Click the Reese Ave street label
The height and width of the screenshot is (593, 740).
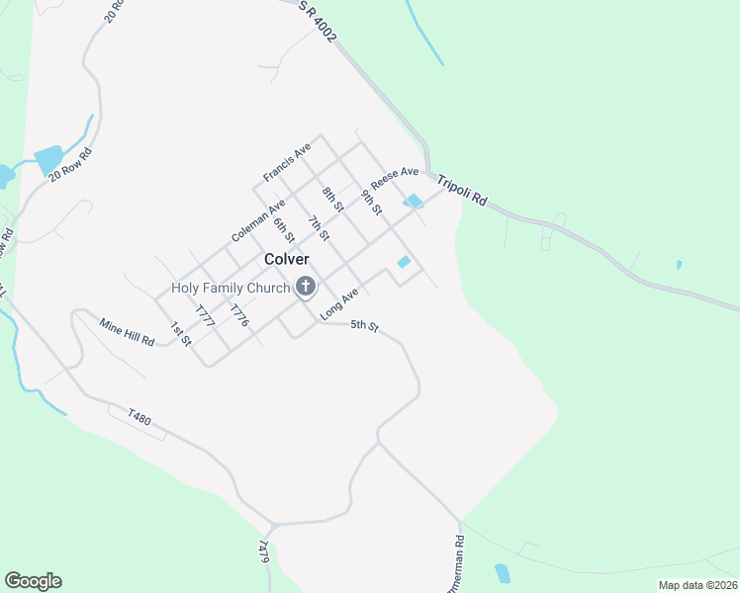(395, 179)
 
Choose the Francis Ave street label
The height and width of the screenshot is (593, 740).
(287, 161)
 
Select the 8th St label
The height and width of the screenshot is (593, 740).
(332, 199)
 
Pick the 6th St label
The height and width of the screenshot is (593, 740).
(284, 229)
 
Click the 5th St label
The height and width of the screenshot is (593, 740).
(365, 327)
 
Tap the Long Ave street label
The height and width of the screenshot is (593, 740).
(337, 303)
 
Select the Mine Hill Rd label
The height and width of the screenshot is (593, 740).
(128, 331)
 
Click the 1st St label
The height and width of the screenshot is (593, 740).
(178, 333)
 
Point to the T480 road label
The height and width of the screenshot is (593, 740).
(139, 420)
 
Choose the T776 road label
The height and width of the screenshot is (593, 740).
(237, 316)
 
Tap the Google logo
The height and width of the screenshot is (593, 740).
(33, 581)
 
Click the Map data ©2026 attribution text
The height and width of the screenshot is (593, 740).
(696, 585)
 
